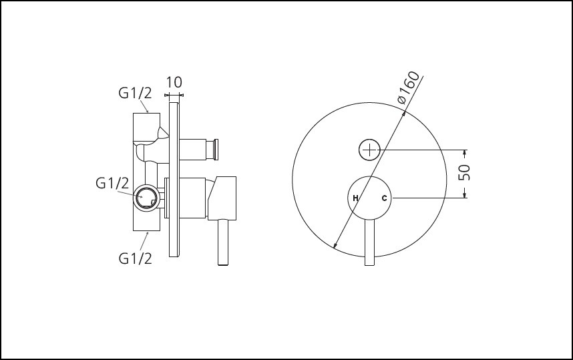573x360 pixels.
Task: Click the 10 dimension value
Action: (x=174, y=82)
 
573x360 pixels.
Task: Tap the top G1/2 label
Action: (x=135, y=94)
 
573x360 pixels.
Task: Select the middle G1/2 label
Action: (x=112, y=183)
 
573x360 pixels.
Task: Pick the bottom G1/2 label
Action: (x=135, y=258)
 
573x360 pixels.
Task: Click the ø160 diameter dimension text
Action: (x=409, y=87)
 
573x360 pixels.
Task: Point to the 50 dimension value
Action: (x=464, y=172)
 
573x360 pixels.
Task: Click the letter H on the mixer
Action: (x=355, y=198)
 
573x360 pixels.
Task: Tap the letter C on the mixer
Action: (x=384, y=198)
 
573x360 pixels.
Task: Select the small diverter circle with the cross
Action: (x=369, y=150)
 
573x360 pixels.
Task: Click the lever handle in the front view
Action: (x=369, y=242)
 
